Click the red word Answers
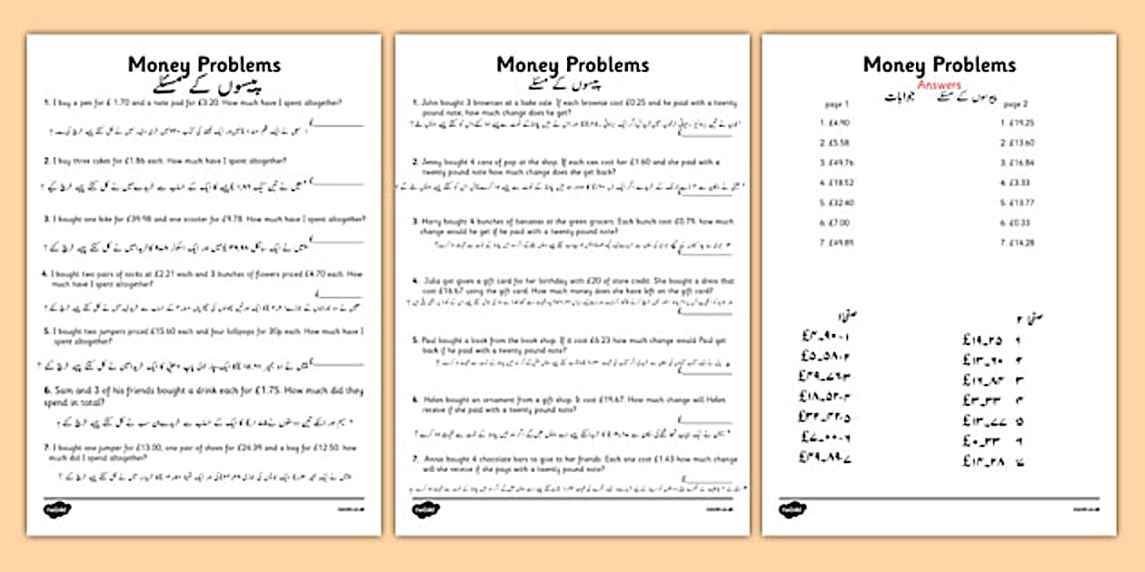tap(939, 85)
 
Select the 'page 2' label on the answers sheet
tap(1015, 104)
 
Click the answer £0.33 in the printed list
tap(1015, 222)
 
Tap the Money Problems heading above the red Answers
tap(939, 65)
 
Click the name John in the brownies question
tap(429, 104)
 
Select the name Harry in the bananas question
tap(430, 222)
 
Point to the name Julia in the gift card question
tap(429, 281)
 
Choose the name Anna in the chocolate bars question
tap(430, 459)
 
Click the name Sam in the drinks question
tap(55, 391)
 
